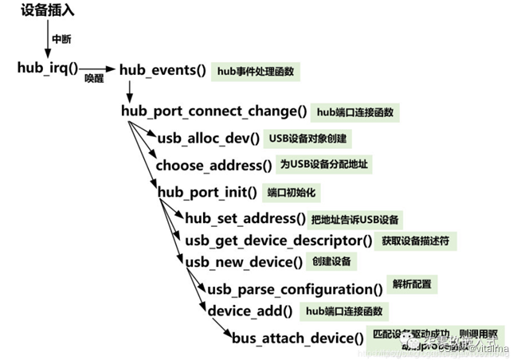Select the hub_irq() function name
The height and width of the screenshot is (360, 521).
pos(48,68)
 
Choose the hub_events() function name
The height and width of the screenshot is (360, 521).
pos(163,70)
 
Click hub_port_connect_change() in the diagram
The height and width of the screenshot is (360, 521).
pos(213,111)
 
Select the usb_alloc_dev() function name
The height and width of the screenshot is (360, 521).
pos(209,139)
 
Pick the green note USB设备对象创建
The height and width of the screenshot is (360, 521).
pos(308,139)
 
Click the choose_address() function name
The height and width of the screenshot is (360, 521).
pos(213,166)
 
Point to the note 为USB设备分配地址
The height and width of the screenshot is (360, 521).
pos(326,165)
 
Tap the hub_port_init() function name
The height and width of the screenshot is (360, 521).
pos(207,192)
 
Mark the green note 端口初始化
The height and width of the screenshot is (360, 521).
pos(293,192)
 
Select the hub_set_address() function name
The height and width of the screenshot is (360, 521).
pos(245,218)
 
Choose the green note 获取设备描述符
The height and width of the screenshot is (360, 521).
pos(418,240)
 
